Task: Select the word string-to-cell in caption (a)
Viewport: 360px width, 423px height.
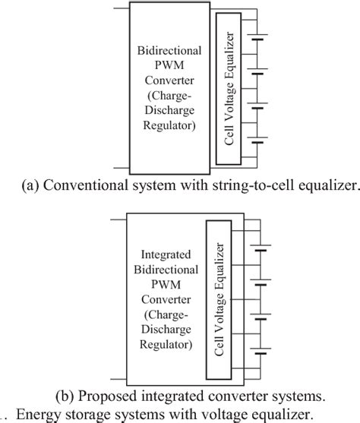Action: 256,183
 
